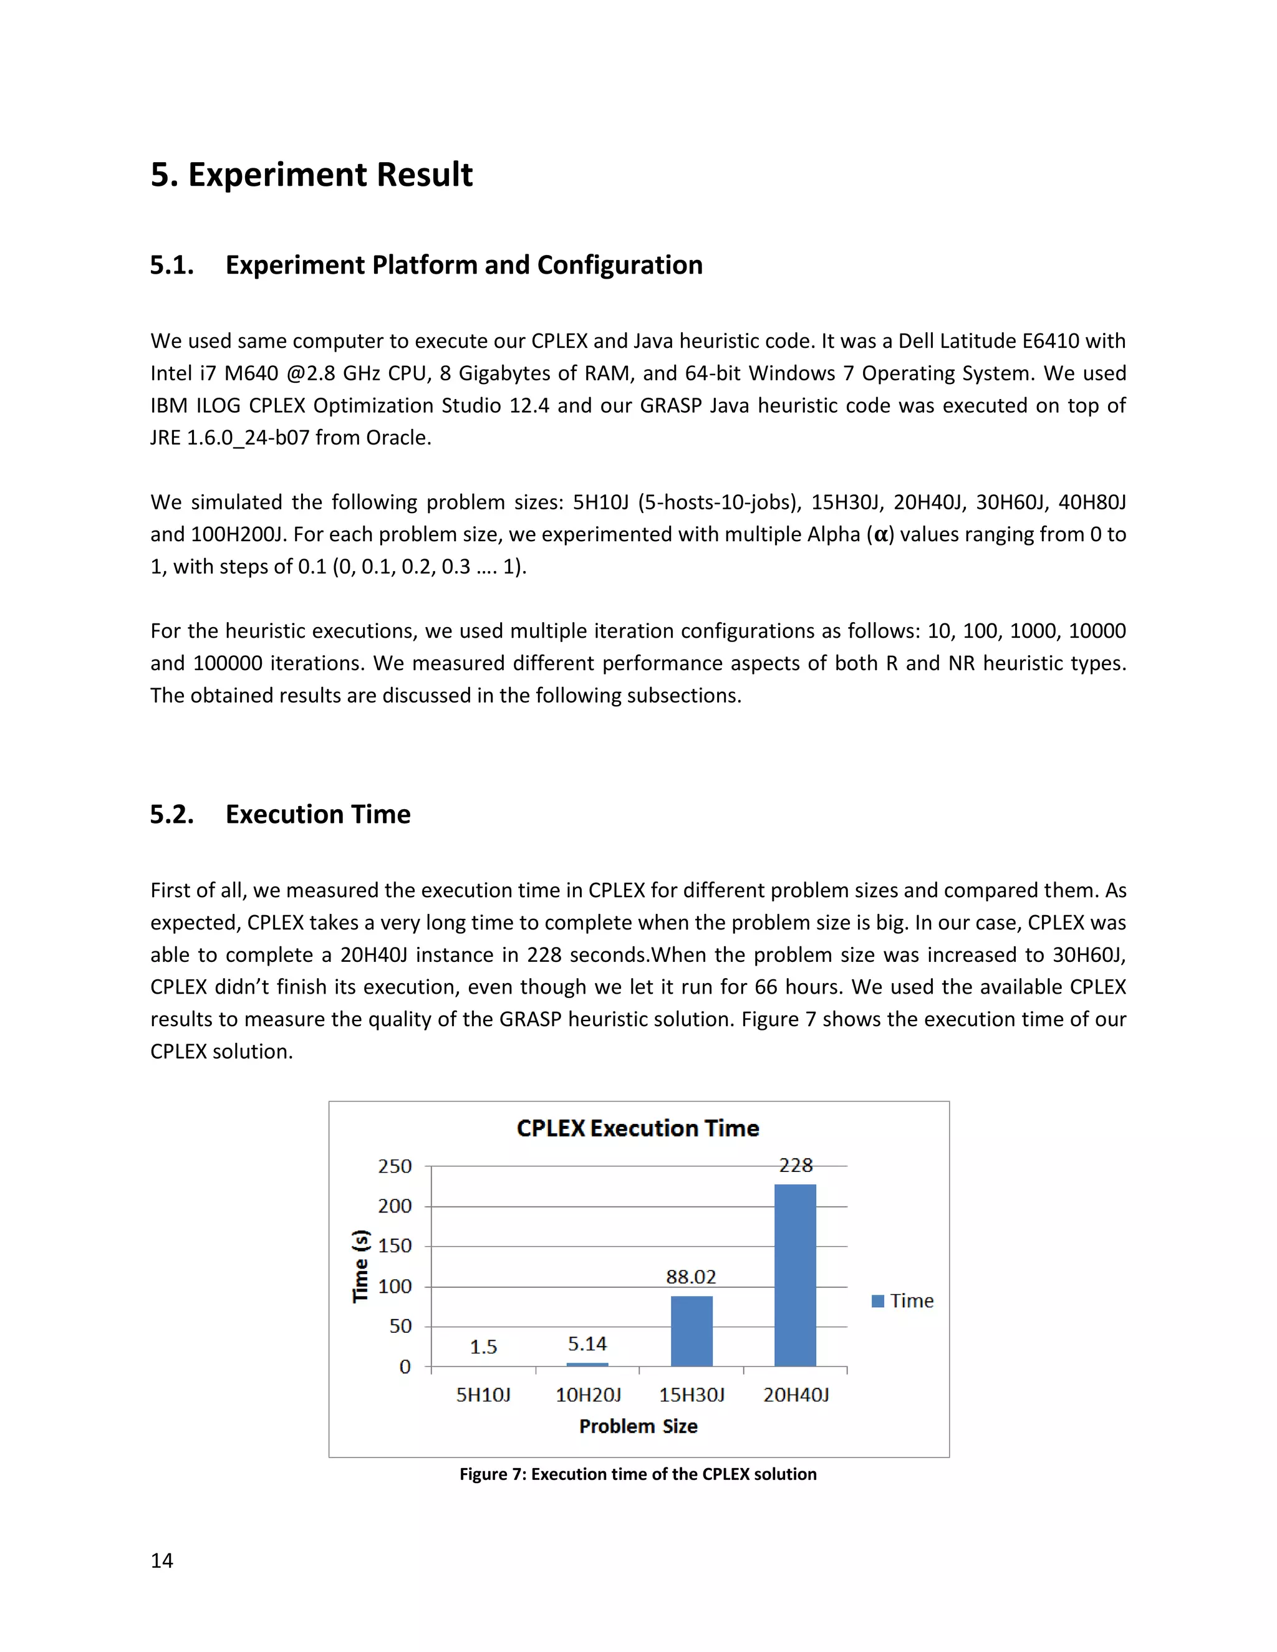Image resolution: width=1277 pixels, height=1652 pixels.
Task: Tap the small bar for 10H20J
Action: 587,1365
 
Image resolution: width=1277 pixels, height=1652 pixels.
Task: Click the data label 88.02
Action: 691,1277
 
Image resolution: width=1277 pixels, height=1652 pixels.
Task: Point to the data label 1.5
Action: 483,1347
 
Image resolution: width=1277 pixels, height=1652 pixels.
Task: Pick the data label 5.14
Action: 587,1344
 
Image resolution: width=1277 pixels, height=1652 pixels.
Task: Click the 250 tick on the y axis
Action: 395,1166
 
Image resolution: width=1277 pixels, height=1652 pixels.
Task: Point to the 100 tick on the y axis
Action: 395,1286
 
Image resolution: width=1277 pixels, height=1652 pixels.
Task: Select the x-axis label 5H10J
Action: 483,1395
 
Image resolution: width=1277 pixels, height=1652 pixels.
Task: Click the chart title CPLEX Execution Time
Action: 638,1128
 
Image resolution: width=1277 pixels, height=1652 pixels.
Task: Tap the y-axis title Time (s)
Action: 361,1265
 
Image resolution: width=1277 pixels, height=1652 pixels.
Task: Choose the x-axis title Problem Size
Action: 638,1426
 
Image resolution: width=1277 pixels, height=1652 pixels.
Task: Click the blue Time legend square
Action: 877,1301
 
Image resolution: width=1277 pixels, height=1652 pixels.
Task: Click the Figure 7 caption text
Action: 638,1474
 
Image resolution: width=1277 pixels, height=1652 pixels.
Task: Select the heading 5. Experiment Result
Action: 311,175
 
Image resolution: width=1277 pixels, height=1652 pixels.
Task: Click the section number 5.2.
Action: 171,815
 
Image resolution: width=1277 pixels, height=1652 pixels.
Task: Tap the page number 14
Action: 162,1561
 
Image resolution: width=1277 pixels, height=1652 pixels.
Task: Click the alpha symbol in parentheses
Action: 880,535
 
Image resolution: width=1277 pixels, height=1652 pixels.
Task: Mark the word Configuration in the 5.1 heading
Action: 620,266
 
